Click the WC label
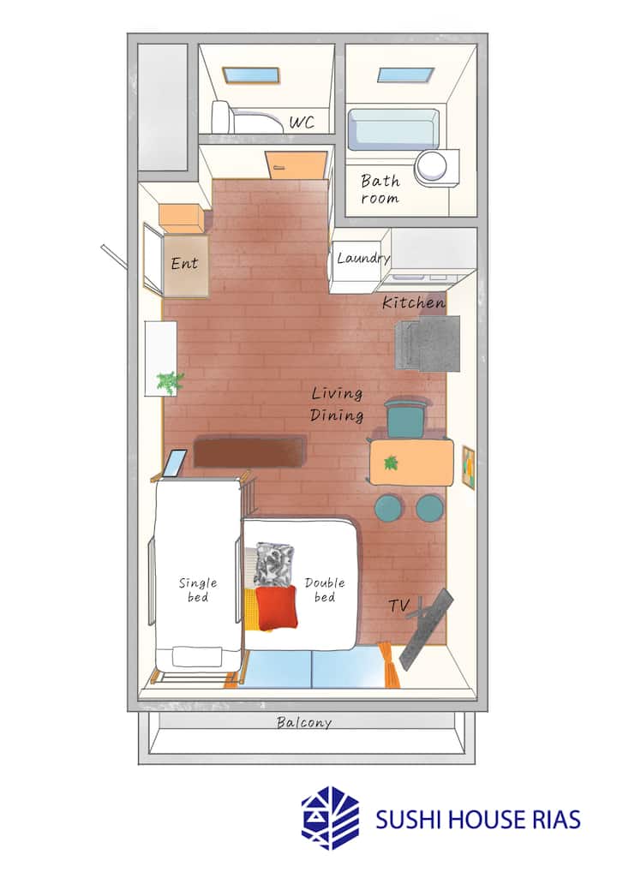[302, 122]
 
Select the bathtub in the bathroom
[393, 128]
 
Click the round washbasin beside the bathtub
[433, 165]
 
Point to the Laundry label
[363, 258]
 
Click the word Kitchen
[414, 302]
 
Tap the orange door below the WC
[296, 165]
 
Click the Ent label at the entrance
[184, 263]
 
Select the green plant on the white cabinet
[170, 382]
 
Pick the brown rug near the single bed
[250, 452]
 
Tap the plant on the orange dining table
[391, 463]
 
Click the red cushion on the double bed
[276, 608]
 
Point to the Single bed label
[198, 589]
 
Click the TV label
[399, 605]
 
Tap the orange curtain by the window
[388, 665]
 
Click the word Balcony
[304, 722]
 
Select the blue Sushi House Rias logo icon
[330, 818]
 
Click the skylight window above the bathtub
[405, 75]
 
